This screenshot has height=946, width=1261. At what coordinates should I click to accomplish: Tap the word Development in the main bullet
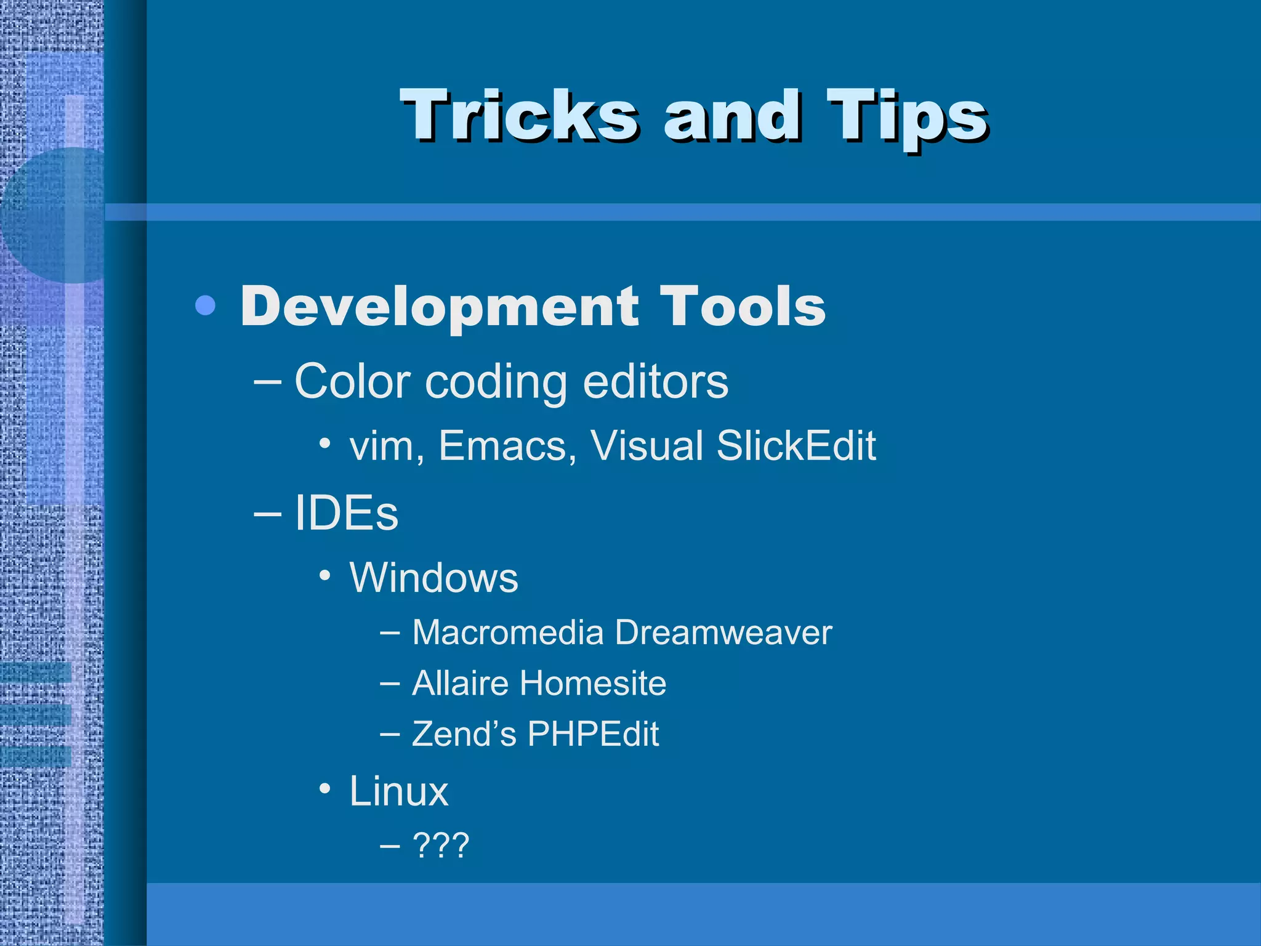[x=440, y=307]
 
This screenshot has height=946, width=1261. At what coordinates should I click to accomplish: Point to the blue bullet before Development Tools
[x=205, y=305]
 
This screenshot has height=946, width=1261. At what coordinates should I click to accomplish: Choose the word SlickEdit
[x=796, y=445]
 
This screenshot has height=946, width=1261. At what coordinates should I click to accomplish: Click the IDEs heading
[x=346, y=513]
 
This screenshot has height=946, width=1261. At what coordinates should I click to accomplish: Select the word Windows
[x=433, y=578]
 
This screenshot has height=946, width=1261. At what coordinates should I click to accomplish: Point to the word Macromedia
[x=508, y=633]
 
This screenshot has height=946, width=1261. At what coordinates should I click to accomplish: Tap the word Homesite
[x=592, y=683]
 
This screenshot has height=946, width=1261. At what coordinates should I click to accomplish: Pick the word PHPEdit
[x=593, y=734]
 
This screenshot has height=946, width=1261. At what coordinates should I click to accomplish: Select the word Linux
[x=399, y=791]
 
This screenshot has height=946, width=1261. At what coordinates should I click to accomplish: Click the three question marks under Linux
[x=441, y=845]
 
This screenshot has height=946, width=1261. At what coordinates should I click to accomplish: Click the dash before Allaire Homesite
[x=389, y=683]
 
